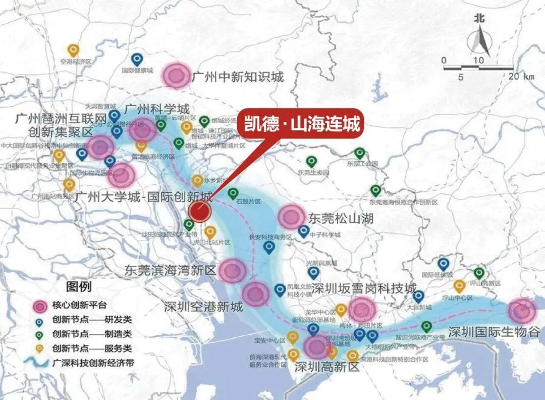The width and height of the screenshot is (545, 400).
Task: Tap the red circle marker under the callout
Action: coord(199,212)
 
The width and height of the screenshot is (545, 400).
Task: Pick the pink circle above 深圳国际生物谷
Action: coord(522,311)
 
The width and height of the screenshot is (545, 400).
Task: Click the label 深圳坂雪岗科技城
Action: coord(364,288)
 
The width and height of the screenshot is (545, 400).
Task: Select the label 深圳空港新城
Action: coord(203,307)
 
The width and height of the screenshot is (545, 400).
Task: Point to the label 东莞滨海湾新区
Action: coord(171,270)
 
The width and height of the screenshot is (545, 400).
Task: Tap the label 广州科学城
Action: coord(156,109)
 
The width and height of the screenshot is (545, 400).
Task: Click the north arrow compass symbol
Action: coord(479,38)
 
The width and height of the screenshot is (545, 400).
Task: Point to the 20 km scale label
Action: coord(521,77)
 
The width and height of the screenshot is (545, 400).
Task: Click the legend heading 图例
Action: coord(79,287)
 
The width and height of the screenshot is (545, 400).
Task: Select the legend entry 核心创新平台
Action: coord(79,306)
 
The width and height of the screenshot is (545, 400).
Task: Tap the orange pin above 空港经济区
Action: coord(74,51)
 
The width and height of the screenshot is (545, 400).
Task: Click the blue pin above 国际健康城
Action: coord(136,60)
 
